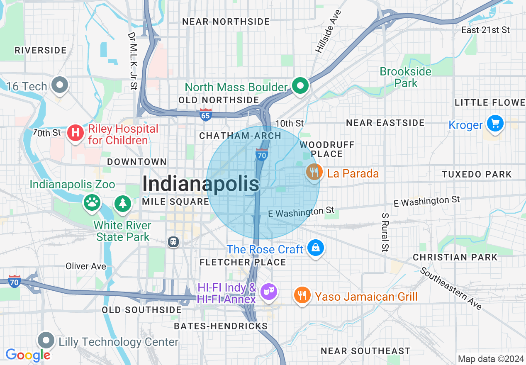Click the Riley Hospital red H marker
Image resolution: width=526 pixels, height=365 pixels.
click(75, 133)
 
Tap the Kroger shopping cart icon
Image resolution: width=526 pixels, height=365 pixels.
click(495, 124)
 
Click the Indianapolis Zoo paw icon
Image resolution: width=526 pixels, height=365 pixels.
click(92, 202)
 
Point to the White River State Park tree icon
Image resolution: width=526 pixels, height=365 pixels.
click(123, 203)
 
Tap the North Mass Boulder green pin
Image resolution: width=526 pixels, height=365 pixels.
click(301, 86)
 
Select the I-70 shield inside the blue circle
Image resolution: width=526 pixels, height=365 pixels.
click(261, 155)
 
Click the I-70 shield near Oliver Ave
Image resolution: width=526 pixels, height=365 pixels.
click(15, 282)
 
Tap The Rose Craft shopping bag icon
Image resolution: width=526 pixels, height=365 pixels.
click(316, 248)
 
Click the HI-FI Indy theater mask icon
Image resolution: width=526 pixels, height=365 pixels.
click(268, 292)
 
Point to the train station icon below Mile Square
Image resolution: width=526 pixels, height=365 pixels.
click(173, 241)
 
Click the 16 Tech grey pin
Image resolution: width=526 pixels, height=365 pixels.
click(60, 85)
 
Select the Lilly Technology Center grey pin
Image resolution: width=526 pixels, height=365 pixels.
click(46, 341)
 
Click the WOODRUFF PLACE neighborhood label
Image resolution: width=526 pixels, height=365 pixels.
click(327, 149)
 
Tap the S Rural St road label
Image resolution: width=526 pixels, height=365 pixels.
click(385, 232)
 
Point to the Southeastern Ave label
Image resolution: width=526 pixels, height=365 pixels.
click(451, 289)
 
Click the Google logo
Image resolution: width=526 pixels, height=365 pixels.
click(28, 355)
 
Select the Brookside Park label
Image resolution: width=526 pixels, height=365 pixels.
click(406, 77)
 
